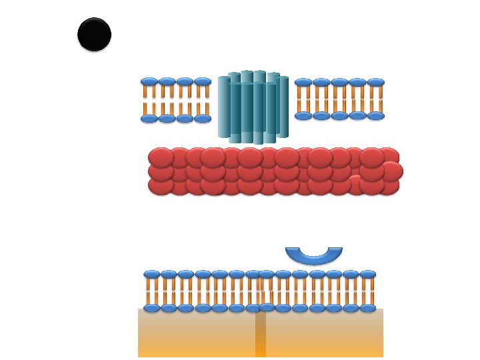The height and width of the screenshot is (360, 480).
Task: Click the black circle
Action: [94, 35]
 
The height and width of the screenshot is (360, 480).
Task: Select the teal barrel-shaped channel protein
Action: [253, 107]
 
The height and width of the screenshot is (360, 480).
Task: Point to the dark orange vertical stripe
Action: [260, 333]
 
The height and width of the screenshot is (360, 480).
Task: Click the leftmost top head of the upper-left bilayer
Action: [149, 82]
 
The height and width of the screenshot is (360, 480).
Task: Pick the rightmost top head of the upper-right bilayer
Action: [375, 83]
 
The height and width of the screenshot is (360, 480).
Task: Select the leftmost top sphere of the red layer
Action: [161, 157]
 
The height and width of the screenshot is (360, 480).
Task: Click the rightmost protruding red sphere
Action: [391, 171]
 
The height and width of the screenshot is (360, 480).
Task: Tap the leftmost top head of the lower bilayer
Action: [152, 274]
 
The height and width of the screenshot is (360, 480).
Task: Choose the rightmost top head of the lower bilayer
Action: [367, 274]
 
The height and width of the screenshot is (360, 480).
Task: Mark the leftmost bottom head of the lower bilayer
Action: [152, 308]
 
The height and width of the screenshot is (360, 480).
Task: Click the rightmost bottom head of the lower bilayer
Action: [367, 308]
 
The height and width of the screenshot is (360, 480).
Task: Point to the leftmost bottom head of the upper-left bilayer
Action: [149, 119]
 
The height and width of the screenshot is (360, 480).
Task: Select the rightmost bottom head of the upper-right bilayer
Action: [375, 116]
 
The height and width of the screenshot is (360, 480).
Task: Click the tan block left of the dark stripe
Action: [197, 333]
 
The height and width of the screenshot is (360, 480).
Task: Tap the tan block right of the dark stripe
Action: [324, 333]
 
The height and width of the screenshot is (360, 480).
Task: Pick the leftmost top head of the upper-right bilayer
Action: [303, 83]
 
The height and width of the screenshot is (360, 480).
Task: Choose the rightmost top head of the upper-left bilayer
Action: [203, 82]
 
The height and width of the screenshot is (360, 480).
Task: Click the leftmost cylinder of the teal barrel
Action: [224, 107]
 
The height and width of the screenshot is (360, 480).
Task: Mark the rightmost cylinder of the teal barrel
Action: [283, 107]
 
